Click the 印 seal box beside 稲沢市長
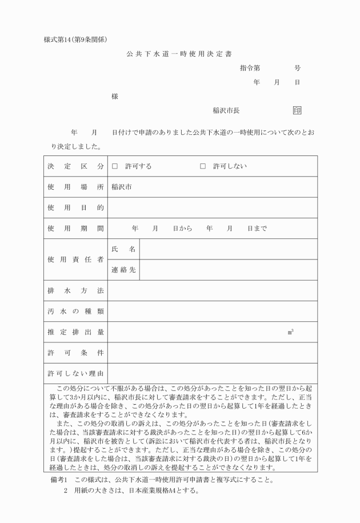click(297, 111)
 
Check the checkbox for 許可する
click(115, 166)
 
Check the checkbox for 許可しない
click(203, 166)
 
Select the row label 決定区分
click(75, 166)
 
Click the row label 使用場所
click(75, 187)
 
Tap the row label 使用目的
click(75, 207)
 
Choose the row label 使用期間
click(75, 229)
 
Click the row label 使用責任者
click(75, 259)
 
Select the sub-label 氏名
click(123, 249)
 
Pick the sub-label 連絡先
click(123, 270)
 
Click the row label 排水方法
click(75, 291)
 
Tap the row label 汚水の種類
click(75, 312)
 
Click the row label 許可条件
click(75, 353)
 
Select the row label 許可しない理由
click(75, 374)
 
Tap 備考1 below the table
click(59, 479)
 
